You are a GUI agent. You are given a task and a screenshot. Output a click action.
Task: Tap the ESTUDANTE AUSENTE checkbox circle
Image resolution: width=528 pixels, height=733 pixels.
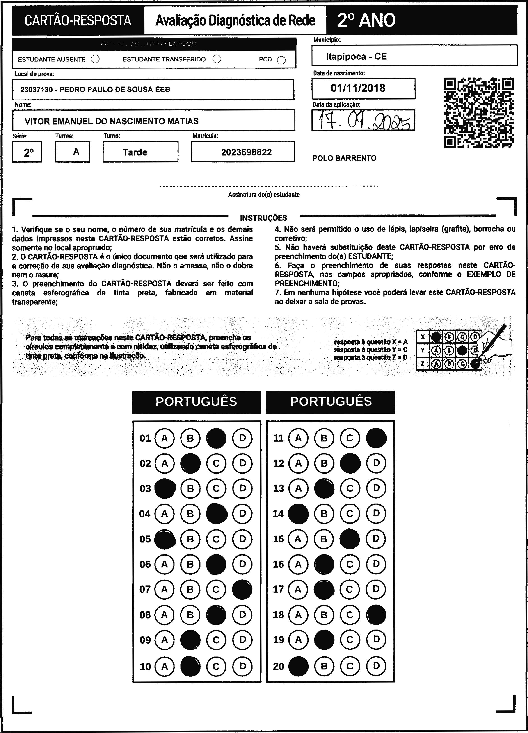pyautogui.click(x=95, y=59)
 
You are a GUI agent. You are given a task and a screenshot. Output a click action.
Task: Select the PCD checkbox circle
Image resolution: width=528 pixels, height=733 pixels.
pyautogui.click(x=281, y=60)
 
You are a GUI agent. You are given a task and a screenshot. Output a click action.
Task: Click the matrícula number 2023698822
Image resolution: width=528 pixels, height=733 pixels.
pyautogui.click(x=246, y=152)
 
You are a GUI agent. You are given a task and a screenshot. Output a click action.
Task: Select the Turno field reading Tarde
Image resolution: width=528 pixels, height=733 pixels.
pyautogui.click(x=135, y=152)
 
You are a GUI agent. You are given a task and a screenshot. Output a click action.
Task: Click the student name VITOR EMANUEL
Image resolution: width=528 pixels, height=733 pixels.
pyautogui.click(x=112, y=121)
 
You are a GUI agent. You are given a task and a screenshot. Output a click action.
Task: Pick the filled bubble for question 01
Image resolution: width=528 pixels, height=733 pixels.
pyautogui.click(x=216, y=438)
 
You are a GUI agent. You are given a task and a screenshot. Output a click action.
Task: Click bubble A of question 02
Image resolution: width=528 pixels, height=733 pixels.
pyautogui.click(x=165, y=463)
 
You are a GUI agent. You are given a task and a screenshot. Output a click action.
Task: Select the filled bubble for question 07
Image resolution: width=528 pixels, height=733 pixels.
pyautogui.click(x=242, y=590)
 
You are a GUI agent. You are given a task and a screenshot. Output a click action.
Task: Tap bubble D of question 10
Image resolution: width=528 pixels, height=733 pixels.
pyautogui.click(x=242, y=666)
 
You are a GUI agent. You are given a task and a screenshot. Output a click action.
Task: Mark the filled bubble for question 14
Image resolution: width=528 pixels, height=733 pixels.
pyautogui.click(x=298, y=514)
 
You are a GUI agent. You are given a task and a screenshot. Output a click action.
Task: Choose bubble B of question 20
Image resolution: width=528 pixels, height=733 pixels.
pyautogui.click(x=324, y=666)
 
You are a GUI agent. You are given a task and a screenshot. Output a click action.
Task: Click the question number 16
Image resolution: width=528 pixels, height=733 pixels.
pyautogui.click(x=278, y=564)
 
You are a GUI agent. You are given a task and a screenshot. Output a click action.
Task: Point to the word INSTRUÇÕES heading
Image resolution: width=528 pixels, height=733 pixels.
pyautogui.click(x=263, y=218)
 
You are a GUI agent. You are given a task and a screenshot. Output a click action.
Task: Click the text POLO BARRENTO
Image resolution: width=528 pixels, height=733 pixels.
pyautogui.click(x=344, y=158)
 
